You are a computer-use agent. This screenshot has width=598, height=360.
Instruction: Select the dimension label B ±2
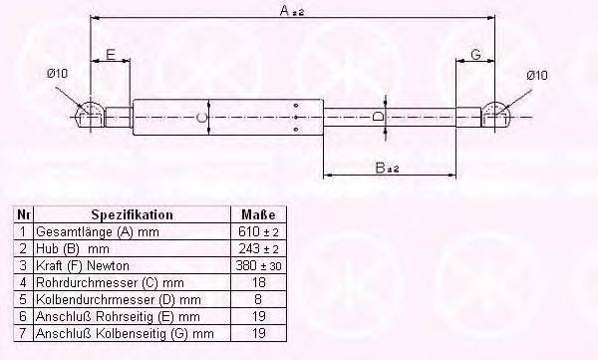point(392,169)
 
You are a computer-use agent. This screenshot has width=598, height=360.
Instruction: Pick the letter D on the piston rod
point(377,117)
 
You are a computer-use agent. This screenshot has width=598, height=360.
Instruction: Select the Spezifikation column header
point(133,214)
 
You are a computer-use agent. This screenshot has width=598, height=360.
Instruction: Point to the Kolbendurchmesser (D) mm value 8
point(256,299)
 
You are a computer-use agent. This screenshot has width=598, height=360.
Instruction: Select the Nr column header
point(24,214)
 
